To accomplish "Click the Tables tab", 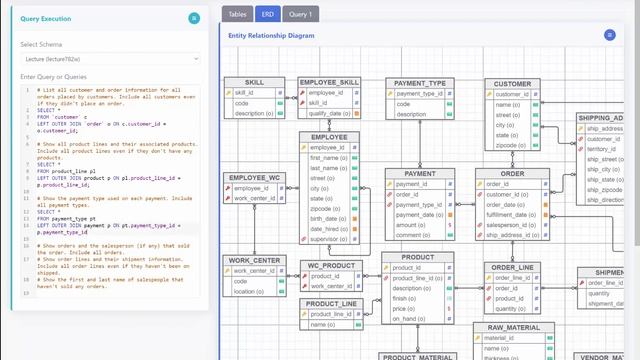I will (x=237, y=15).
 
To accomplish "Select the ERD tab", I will (x=267, y=15).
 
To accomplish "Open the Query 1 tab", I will (x=301, y=15).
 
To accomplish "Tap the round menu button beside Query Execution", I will (x=194, y=19).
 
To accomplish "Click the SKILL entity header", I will (x=255, y=82).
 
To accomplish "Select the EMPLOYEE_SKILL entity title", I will (x=329, y=82).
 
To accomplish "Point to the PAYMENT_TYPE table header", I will (x=421, y=83).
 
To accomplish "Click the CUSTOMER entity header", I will (x=513, y=84).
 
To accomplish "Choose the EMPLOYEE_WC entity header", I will (x=255, y=178).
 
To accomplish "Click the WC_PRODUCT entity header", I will (x=328, y=266).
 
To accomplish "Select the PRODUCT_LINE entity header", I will (x=332, y=303).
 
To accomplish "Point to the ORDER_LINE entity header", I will (x=513, y=268).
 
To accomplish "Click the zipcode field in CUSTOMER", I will (x=507, y=145).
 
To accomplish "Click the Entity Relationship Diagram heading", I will (x=271, y=35).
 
